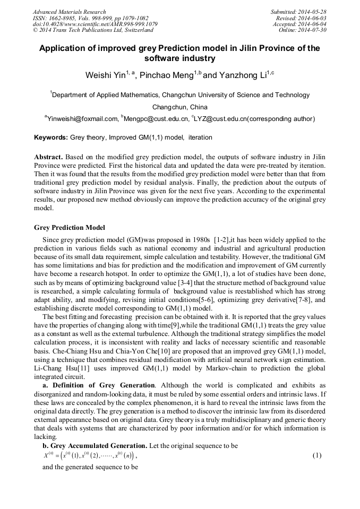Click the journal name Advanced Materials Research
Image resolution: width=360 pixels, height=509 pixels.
pos(69,12)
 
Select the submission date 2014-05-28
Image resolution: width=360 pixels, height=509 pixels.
pos(314,12)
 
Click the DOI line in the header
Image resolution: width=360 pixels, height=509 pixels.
pos(95,24)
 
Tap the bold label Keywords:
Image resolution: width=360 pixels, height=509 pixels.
pos(51,137)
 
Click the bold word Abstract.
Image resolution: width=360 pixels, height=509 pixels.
pos(49,158)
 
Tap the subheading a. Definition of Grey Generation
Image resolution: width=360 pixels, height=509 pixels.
pos(99,385)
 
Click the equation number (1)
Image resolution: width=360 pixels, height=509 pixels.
pos(317,455)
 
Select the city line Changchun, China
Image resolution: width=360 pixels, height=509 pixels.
pos(180,107)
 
